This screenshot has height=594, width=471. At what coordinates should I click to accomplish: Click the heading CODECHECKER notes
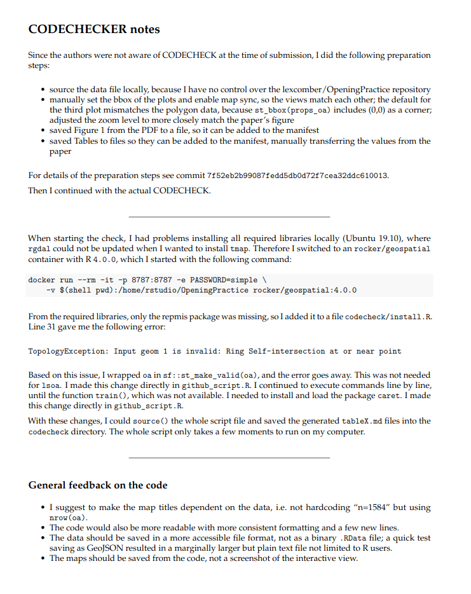pyautogui.click(x=94, y=29)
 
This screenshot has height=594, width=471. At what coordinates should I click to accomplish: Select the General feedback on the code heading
pyautogui.click(x=98, y=485)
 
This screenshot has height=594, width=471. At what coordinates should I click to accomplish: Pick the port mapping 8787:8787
pyautogui.click(x=150, y=280)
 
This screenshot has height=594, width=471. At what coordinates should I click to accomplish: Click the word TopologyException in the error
pyautogui.click(x=68, y=351)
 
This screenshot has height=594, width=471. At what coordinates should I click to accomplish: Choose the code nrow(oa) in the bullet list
pyautogui.click(x=67, y=518)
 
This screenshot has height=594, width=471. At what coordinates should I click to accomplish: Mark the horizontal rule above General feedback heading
pyautogui.click(x=229, y=457)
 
